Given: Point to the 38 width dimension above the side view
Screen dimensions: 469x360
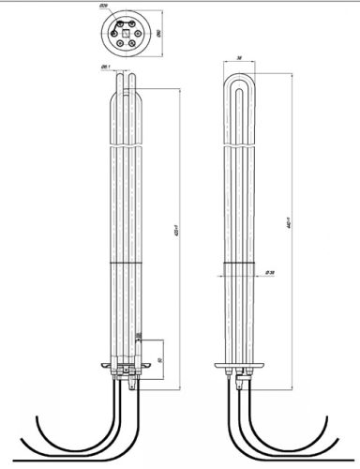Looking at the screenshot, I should [240, 58].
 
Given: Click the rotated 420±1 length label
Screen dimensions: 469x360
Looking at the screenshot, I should [177, 234].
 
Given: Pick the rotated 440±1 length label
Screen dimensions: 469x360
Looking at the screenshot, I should [295, 224].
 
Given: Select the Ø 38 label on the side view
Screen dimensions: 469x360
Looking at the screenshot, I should [268, 274].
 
